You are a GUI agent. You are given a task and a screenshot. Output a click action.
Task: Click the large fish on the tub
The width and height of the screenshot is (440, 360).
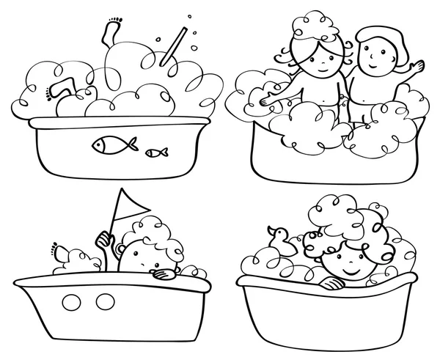108,146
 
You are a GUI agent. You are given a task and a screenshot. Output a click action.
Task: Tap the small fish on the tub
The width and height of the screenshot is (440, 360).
155,153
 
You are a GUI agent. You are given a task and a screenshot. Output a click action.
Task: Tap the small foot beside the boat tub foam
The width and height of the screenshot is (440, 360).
59,251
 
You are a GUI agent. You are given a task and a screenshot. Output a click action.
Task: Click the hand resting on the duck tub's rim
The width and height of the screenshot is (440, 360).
335,282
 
